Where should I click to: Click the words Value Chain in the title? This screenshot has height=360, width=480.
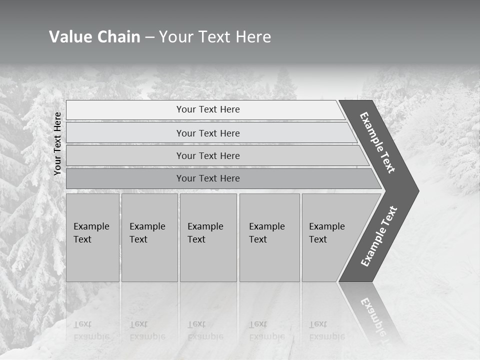coord(94,37)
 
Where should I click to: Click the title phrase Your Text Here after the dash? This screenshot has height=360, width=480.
coord(214,37)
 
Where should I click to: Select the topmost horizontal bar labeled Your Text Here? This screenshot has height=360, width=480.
coord(207,109)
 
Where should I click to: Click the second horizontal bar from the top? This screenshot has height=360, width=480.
coord(207,133)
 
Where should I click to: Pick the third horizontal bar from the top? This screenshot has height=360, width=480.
coord(207,155)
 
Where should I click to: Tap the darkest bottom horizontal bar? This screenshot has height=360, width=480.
coord(207,178)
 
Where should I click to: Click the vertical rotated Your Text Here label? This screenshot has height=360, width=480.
coord(57,143)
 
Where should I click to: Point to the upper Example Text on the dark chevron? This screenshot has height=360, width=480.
coord(377,142)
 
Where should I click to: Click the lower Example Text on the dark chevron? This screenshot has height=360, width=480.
coord(379,236)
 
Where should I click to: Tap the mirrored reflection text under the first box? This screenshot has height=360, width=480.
coord(91,330)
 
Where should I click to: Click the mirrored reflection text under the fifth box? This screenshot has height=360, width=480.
coord(327,330)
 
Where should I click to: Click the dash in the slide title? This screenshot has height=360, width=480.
coord(149,37)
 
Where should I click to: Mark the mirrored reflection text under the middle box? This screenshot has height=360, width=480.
coord(205,330)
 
